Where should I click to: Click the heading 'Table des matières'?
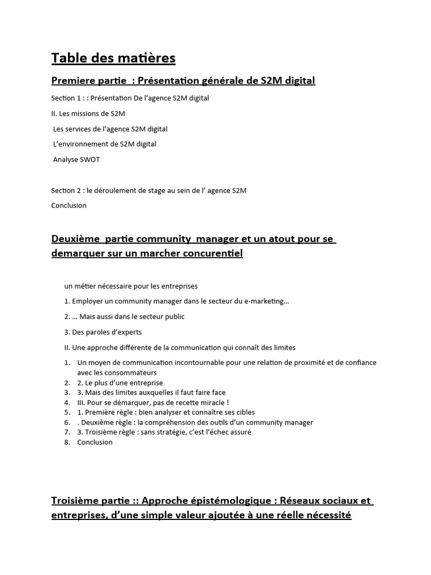pyautogui.click(x=113, y=58)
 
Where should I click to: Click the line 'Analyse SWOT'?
pyautogui.click(x=76, y=159)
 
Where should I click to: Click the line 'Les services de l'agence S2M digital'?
pyautogui.click(x=110, y=129)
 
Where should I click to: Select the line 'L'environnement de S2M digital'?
pyautogui.click(x=104, y=144)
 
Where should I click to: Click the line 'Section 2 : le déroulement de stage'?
pyautogui.click(x=149, y=190)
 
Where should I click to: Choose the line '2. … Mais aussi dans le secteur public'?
pyautogui.click(x=125, y=317)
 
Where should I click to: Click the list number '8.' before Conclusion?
pyautogui.click(x=67, y=442)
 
